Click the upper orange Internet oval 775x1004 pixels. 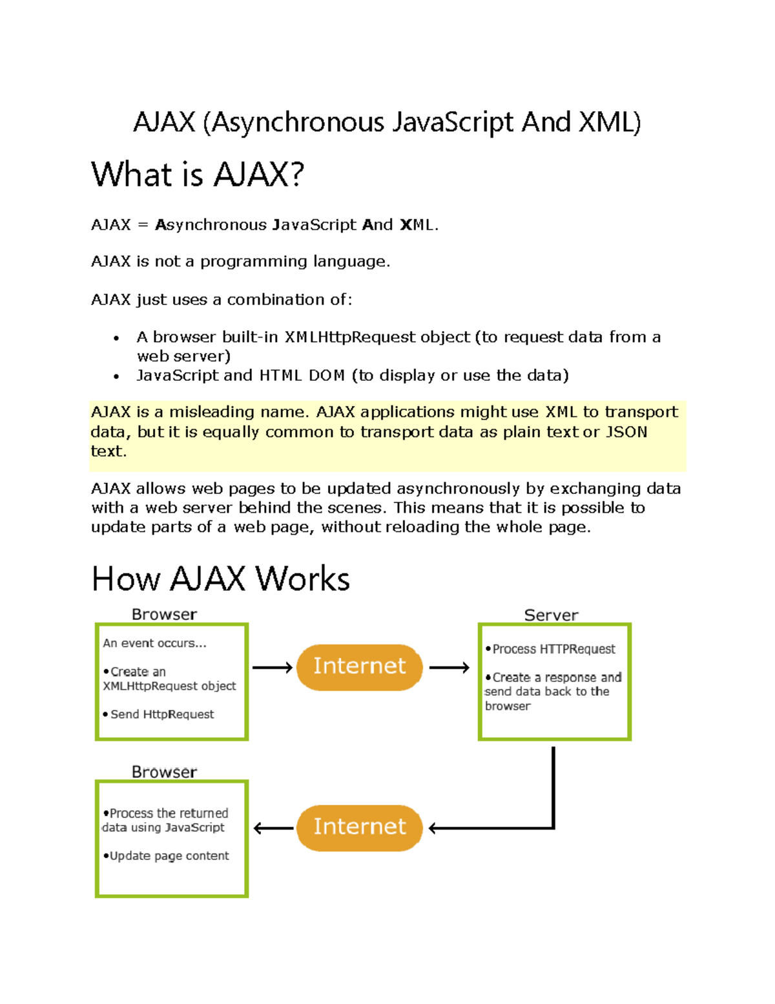[x=359, y=667]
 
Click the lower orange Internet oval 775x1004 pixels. [x=359, y=828]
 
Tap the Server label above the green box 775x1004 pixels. [x=551, y=615]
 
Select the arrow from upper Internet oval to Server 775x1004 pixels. [x=449, y=667]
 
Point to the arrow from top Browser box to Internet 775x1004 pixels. [x=272, y=667]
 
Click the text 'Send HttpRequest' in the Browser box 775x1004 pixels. [x=161, y=714]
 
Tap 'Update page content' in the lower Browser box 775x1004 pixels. [x=169, y=856]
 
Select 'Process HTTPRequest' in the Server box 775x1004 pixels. [x=553, y=649]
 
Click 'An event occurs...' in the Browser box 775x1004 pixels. [x=154, y=643]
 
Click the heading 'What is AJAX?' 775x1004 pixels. [x=198, y=175]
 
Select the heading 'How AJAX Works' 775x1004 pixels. [x=220, y=579]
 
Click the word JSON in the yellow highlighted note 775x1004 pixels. [x=626, y=432]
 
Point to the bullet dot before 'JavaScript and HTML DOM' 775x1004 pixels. [x=116, y=376]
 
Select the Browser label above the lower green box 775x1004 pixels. [x=164, y=772]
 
